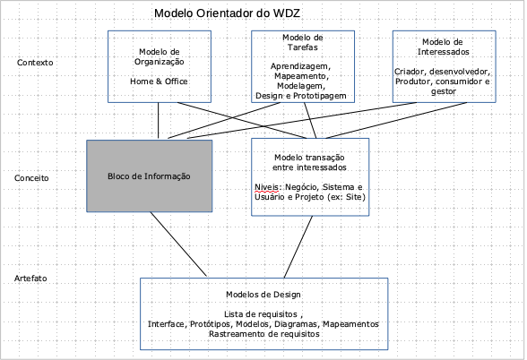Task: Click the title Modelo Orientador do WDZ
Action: (227, 13)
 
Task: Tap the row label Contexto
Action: (35, 63)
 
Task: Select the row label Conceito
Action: (31, 178)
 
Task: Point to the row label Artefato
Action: (30, 279)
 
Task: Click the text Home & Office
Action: (159, 81)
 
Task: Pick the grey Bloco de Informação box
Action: (149, 176)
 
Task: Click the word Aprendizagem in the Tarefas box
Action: (300, 66)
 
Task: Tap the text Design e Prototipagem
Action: (301, 96)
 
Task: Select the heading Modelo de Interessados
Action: (443, 47)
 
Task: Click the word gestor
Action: (444, 91)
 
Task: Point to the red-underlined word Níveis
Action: (266, 187)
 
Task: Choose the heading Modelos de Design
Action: (263, 295)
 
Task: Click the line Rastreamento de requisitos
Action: (263, 334)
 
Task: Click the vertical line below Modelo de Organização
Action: (159, 120)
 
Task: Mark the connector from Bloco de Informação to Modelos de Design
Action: (178, 244)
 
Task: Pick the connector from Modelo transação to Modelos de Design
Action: (298, 247)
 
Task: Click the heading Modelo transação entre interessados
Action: (309, 162)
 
